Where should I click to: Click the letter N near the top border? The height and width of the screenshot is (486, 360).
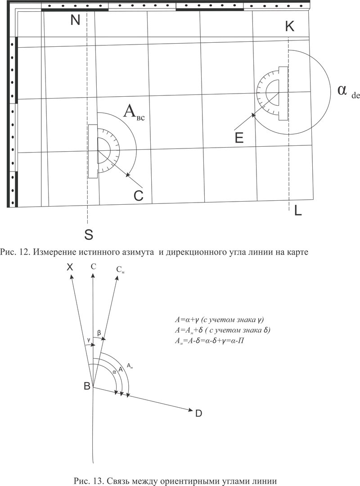pos(75,20)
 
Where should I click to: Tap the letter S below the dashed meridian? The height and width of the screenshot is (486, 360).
pos(89,234)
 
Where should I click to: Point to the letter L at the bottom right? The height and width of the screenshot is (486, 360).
pos(298,211)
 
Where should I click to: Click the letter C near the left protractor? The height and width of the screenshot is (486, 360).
pos(138,196)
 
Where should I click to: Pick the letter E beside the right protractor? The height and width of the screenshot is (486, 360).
pos(239,138)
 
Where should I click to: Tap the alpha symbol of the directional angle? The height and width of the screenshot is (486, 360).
pos(342,90)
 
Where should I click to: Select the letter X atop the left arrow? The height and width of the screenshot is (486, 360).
pos(70,267)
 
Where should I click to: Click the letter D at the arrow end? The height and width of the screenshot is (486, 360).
pos(198,413)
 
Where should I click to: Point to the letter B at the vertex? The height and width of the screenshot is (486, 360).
pos(87,386)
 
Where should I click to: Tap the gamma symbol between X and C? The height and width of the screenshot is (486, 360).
pos(89,340)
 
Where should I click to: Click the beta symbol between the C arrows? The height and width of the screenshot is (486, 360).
pos(99,333)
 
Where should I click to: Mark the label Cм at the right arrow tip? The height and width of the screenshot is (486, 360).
pos(121,270)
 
